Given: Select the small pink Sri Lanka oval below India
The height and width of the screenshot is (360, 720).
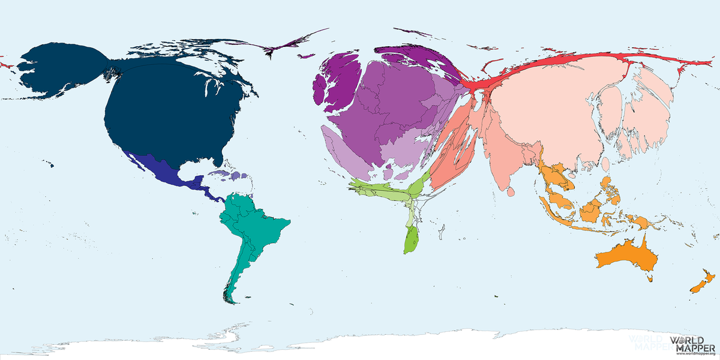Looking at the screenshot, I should pyautogui.click(x=511, y=193).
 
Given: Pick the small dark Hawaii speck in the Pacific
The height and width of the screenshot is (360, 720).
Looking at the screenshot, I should pyautogui.click(x=50, y=165).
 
